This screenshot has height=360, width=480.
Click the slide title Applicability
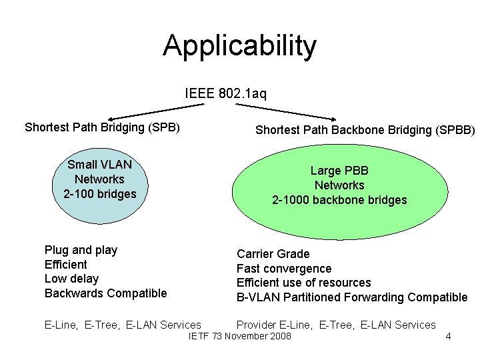(239, 46)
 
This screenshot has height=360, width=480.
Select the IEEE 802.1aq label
(225, 93)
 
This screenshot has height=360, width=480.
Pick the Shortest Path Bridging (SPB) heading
(102, 127)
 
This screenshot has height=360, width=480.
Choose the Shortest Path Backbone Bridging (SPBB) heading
(365, 130)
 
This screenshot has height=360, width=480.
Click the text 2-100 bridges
(99, 193)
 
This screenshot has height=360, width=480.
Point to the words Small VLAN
(99, 164)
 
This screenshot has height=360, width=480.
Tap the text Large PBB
(339, 171)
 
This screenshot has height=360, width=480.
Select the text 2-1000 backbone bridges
(339, 200)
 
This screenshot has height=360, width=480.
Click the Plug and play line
(81, 250)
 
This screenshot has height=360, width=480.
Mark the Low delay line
(71, 279)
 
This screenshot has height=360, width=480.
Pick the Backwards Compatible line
(105, 293)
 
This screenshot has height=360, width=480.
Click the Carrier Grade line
(273, 254)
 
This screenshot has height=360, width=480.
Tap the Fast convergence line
(284, 269)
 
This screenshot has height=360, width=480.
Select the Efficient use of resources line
(303, 283)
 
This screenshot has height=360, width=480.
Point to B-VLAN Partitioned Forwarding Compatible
(352, 297)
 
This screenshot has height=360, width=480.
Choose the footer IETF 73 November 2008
(240, 336)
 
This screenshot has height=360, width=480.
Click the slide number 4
(448, 336)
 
